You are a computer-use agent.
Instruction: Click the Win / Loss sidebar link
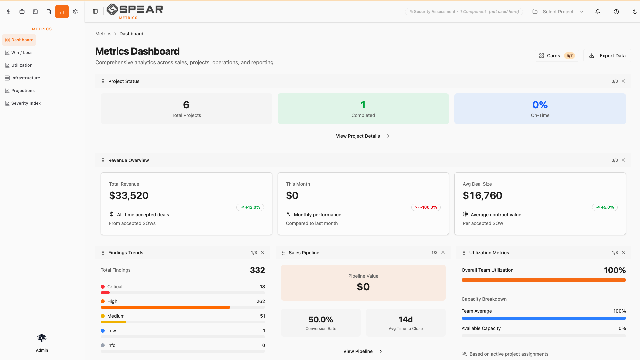pos(22,53)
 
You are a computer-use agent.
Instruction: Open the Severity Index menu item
pos(26,103)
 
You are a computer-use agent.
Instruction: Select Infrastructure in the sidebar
pos(25,78)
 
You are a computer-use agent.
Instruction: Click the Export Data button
pos(607,56)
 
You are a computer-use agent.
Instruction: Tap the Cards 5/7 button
pos(557,56)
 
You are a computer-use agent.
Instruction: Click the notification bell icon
pos(598,12)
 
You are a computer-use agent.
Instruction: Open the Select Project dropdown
pos(558,12)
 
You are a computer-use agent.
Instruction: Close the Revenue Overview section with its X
pos(623,160)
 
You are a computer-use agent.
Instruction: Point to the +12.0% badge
pos(250,207)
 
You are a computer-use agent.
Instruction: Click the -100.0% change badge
pos(426,207)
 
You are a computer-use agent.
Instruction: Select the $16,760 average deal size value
pos(482,196)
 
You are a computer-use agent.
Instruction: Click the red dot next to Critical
pos(103,287)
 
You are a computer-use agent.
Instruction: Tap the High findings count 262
pos(261,301)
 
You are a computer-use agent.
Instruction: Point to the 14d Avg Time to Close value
pos(406,320)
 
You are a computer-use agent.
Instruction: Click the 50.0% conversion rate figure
pos(321,320)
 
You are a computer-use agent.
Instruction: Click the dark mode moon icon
pos(635,12)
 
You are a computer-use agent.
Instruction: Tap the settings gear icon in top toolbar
pos(75,12)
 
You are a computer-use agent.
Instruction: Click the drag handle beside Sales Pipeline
pos(283,253)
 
